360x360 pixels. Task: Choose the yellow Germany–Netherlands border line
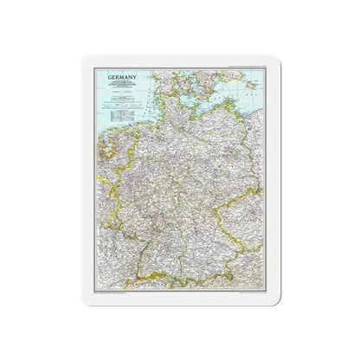pos(96,156)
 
